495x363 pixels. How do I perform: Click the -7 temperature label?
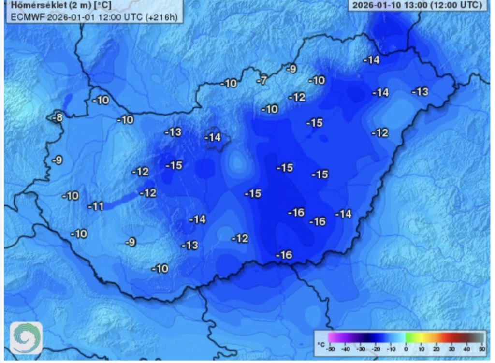(262, 81)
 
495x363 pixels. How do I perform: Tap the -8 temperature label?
(57, 118)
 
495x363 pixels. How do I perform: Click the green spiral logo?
(26, 338)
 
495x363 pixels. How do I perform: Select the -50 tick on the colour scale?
(331, 348)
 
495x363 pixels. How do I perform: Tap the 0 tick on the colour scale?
(406, 348)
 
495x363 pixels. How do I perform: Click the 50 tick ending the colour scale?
(481, 348)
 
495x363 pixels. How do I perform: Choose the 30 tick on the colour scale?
(451, 348)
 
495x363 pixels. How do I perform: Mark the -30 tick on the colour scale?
(361, 348)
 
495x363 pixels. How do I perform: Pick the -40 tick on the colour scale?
(346, 348)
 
